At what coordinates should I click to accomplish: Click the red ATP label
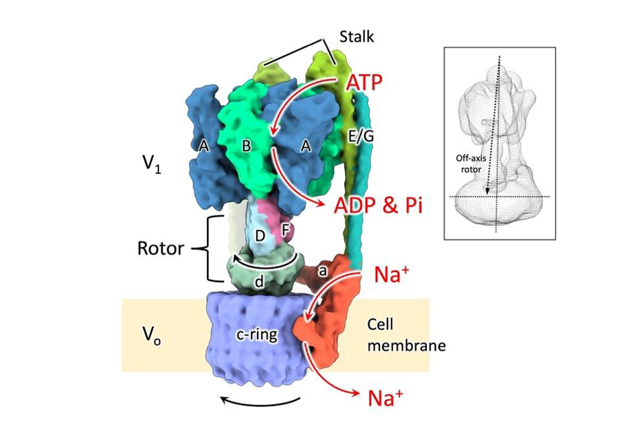pyautogui.click(x=364, y=83)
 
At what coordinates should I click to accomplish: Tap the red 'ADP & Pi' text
pyautogui.click(x=378, y=206)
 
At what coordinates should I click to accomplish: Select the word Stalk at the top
pyautogui.click(x=356, y=36)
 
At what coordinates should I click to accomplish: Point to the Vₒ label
pyautogui.click(x=151, y=335)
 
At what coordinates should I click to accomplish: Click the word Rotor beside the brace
pyautogui.click(x=161, y=248)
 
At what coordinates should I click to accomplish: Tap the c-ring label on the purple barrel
pyautogui.click(x=257, y=334)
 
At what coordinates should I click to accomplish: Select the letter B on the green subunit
pyautogui.click(x=246, y=146)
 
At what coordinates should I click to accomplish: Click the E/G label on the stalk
pyautogui.click(x=361, y=136)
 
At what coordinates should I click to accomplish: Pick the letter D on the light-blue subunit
pyautogui.click(x=260, y=236)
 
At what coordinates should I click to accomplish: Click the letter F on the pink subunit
pyautogui.click(x=285, y=230)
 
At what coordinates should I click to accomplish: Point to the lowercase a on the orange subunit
pyautogui.click(x=322, y=271)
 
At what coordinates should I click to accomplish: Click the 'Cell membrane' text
pyautogui.click(x=406, y=335)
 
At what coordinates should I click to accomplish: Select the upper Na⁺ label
pyautogui.click(x=391, y=274)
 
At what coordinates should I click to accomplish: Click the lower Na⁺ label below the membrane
pyautogui.click(x=385, y=398)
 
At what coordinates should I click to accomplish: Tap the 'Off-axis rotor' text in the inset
pyautogui.click(x=471, y=164)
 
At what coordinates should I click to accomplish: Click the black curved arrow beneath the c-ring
pyautogui.click(x=260, y=404)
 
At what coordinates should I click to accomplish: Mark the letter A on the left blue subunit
pyautogui.click(x=204, y=146)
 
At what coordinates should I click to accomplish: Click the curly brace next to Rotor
pyautogui.click(x=208, y=248)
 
